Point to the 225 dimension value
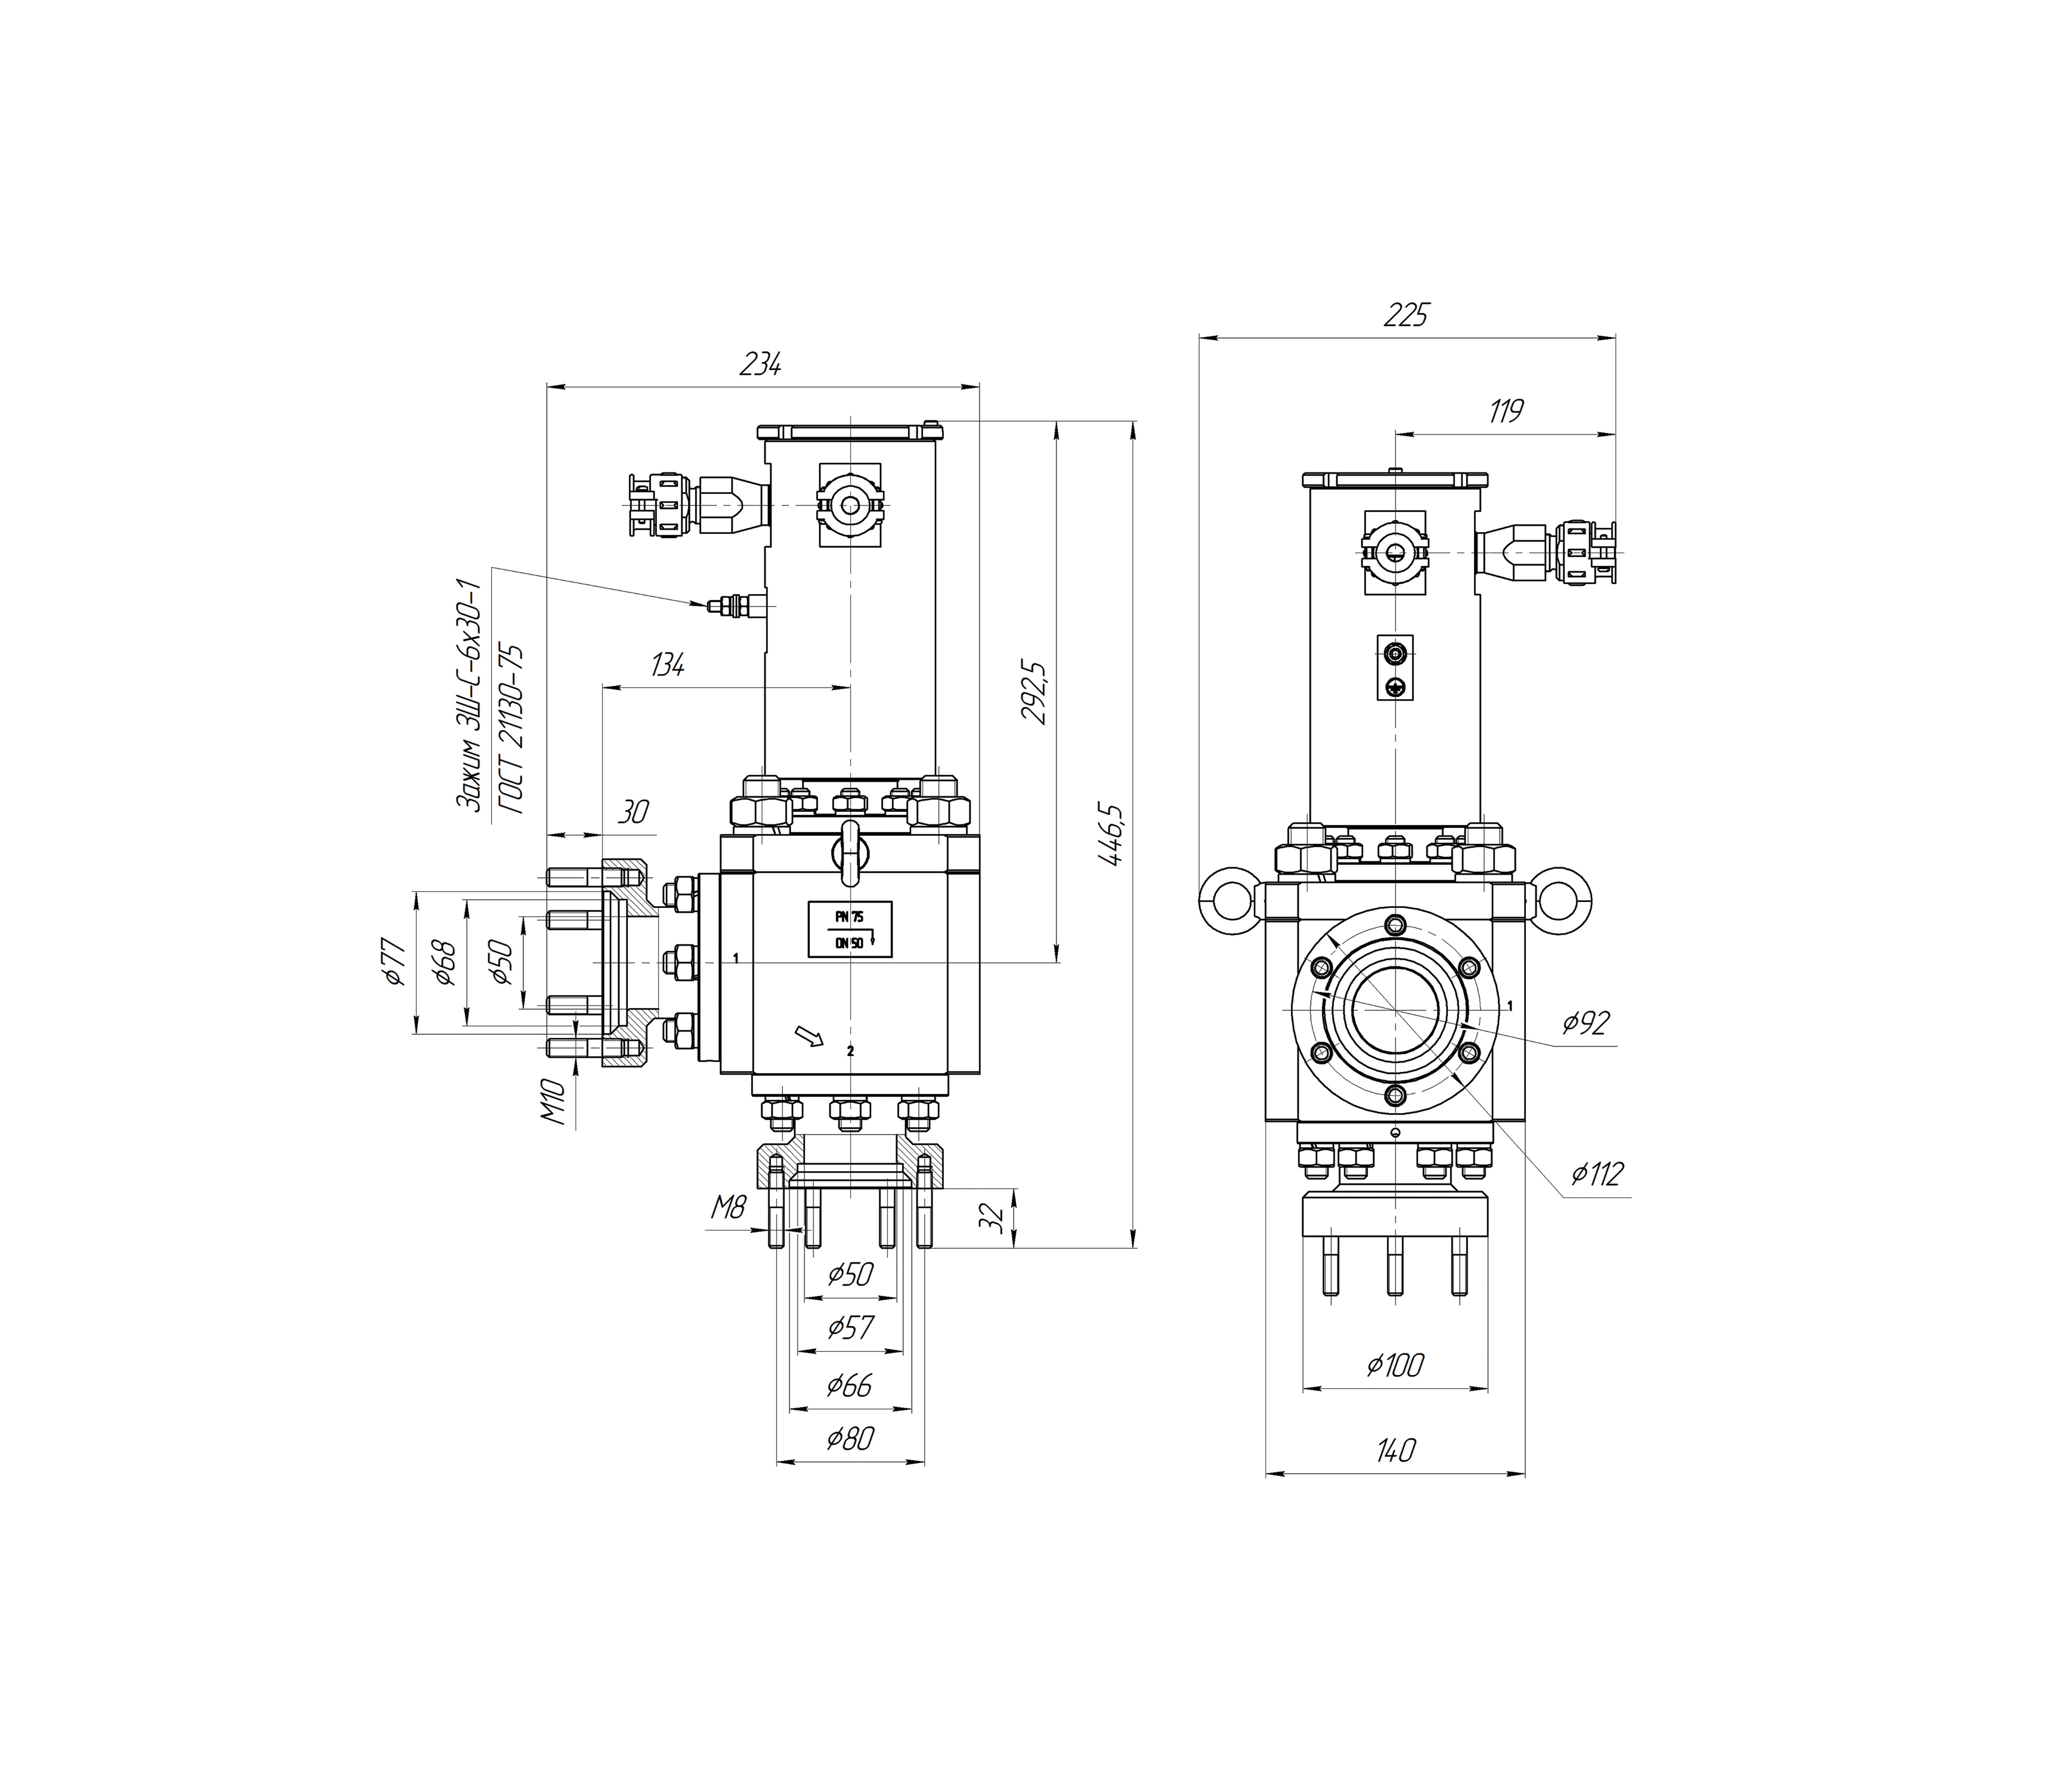pyautogui.click(x=1406, y=316)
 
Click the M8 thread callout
pyautogui.click(x=729, y=1207)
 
